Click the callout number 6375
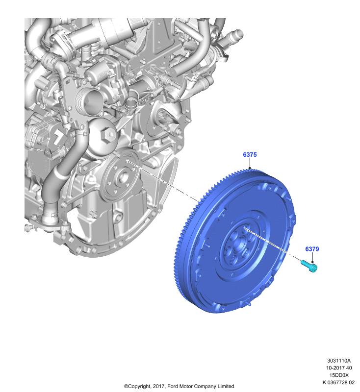point(250,154)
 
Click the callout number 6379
point(312,249)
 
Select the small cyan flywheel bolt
point(309,266)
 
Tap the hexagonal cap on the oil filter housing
point(108,134)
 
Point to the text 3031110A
point(339,361)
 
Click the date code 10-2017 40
point(339,368)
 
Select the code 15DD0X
point(339,375)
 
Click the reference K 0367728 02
point(338,382)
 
